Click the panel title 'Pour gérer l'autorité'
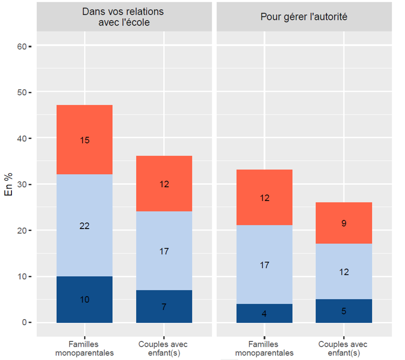click(304, 17)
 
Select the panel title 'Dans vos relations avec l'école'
click(123, 17)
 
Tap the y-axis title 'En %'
click(9, 184)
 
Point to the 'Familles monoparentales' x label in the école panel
click(84, 349)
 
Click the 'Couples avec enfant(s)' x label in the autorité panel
click(344, 349)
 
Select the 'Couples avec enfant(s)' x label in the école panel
click(164, 349)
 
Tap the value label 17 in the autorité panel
click(265, 265)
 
